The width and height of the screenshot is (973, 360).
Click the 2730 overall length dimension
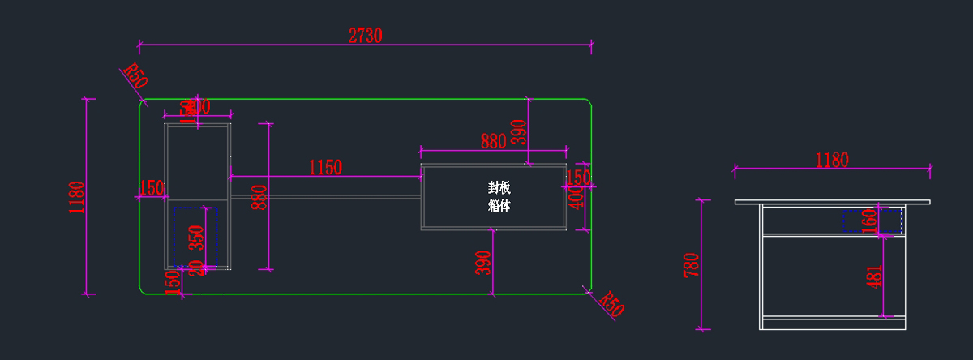(365, 35)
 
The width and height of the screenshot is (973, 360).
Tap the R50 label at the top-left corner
(135, 77)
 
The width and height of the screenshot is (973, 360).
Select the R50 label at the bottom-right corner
(612, 305)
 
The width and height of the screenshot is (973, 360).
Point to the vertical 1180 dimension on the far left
(77, 196)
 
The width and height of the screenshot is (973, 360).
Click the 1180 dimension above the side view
(831, 160)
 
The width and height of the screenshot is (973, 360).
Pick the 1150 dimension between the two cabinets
(325, 168)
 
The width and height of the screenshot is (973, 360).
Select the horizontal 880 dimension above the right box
(493, 141)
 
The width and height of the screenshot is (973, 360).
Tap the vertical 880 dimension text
(259, 196)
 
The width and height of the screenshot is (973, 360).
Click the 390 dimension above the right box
(519, 131)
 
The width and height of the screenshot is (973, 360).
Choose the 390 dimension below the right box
(483, 263)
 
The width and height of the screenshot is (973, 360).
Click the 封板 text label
(499, 187)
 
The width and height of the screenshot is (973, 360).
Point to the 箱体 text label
(499, 206)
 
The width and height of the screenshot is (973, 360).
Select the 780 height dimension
(691, 265)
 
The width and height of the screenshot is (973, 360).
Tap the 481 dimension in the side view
(874, 276)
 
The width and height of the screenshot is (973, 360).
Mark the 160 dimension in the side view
(870, 221)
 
